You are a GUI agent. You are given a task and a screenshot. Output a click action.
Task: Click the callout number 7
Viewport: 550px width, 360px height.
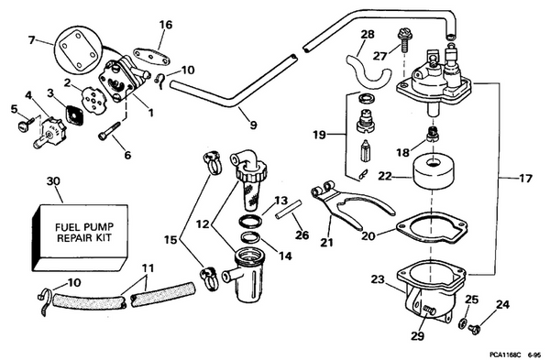[32, 39]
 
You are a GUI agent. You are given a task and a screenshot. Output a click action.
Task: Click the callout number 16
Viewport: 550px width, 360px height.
[165, 25]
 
